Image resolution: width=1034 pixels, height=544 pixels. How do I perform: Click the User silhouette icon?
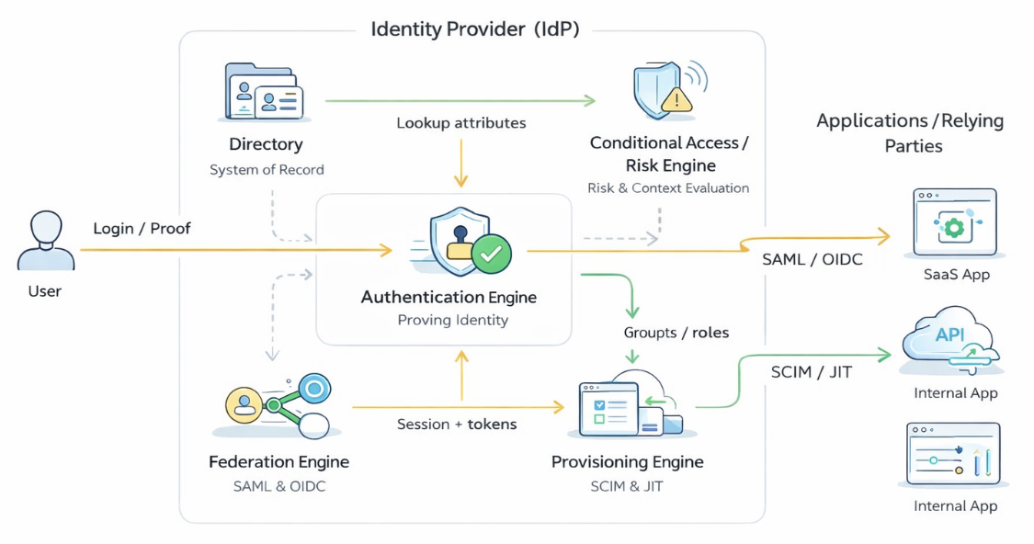point(45,241)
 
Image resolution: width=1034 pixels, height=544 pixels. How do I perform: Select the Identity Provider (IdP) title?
point(475,29)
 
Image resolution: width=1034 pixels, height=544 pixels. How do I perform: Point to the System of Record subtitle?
point(267,170)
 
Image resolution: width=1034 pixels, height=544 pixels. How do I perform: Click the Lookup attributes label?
point(461,122)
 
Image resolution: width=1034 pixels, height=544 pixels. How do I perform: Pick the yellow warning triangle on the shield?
point(676,98)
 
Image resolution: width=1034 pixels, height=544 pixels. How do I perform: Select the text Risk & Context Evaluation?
point(668,188)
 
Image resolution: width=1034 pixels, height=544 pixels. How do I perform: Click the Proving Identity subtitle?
point(453,321)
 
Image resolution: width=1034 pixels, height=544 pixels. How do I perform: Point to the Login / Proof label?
point(142,229)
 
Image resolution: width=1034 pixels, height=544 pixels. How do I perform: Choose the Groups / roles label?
point(676,333)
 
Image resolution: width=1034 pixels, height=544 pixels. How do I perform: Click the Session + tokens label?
point(457,425)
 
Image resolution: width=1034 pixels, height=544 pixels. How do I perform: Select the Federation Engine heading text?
point(278,462)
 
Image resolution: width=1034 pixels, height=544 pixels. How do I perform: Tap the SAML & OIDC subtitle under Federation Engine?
point(279,486)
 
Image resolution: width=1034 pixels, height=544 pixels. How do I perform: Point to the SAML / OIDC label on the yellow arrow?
point(812,260)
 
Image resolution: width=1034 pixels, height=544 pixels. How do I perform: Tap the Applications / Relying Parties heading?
point(910,133)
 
